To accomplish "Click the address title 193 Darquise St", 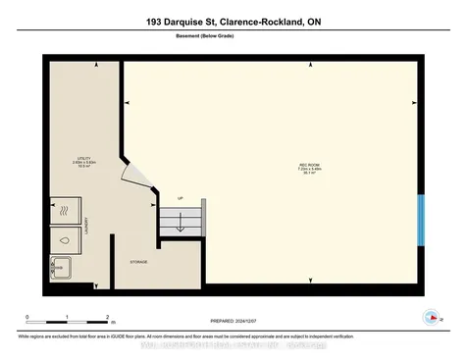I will click(233, 21).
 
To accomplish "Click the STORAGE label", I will click(138, 263).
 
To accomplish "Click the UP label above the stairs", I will click(181, 199).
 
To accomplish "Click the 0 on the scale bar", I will click(27, 316).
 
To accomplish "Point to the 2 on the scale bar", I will click(106, 316).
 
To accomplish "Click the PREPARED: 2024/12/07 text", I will click(237, 321).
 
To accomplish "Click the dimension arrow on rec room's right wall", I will click(410, 101).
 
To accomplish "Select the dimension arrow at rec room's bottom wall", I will click(311, 283).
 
